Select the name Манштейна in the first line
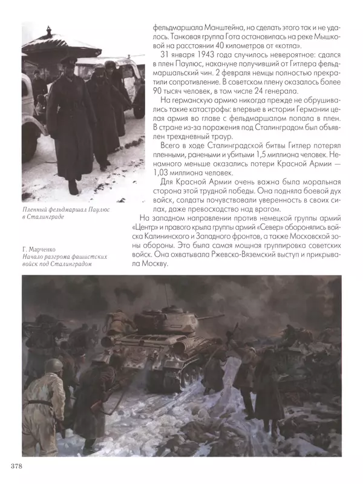click(217, 27)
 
